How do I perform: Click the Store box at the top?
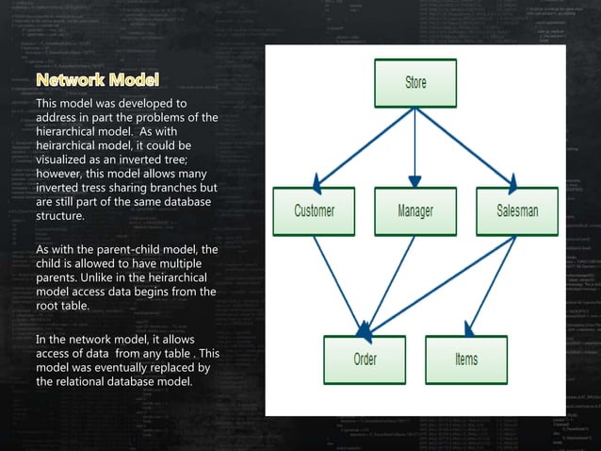click(x=415, y=83)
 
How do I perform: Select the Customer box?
click(x=314, y=211)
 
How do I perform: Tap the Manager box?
click(x=414, y=211)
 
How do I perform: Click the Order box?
click(x=365, y=359)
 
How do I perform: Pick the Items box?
click(x=465, y=359)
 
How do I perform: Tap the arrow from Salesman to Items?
click(x=495, y=283)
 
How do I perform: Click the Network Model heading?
click(x=97, y=77)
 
